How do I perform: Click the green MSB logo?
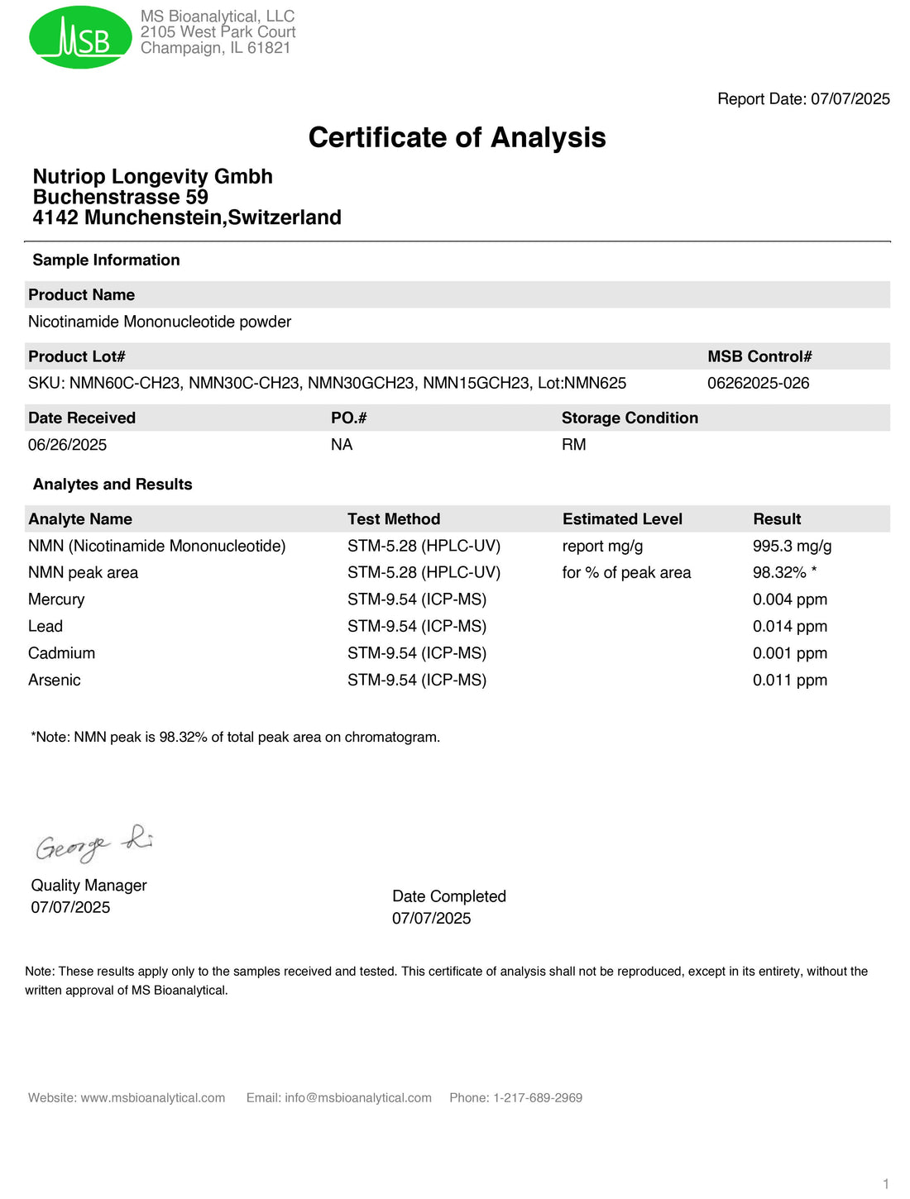coord(80,37)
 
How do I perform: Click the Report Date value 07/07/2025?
coord(850,99)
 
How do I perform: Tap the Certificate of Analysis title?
coord(457,137)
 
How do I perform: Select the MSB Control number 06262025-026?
coord(758,383)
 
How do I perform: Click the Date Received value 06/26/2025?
coord(67,445)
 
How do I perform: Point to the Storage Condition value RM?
coord(573,445)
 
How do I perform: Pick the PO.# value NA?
coord(342,445)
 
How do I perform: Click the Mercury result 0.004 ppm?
coord(789,599)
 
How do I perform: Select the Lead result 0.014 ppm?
coord(789,627)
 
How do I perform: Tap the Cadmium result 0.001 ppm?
coord(789,653)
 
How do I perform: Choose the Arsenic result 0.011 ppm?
coord(789,681)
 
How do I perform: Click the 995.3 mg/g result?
coord(792,546)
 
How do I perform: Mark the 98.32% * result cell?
coord(784,573)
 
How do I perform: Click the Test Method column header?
coord(394,519)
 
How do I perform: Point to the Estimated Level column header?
coord(622,519)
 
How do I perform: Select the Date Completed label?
coord(448,896)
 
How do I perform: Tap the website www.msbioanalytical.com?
coord(152,1098)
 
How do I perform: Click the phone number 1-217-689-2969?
coord(538,1098)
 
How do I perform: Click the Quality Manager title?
coord(89,886)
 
